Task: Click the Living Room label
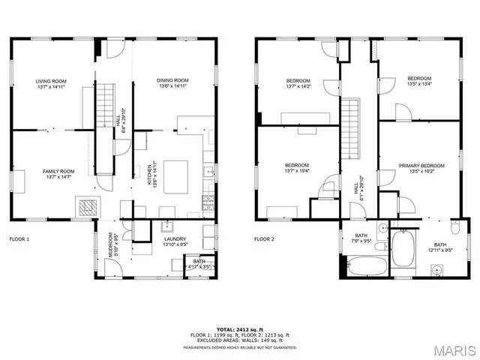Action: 51,83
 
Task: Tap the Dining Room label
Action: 172,83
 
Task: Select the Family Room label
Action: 58,174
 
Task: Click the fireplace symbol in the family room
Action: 88,206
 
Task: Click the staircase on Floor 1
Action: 104,105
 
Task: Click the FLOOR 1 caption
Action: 19,239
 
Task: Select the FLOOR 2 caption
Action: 264,239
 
